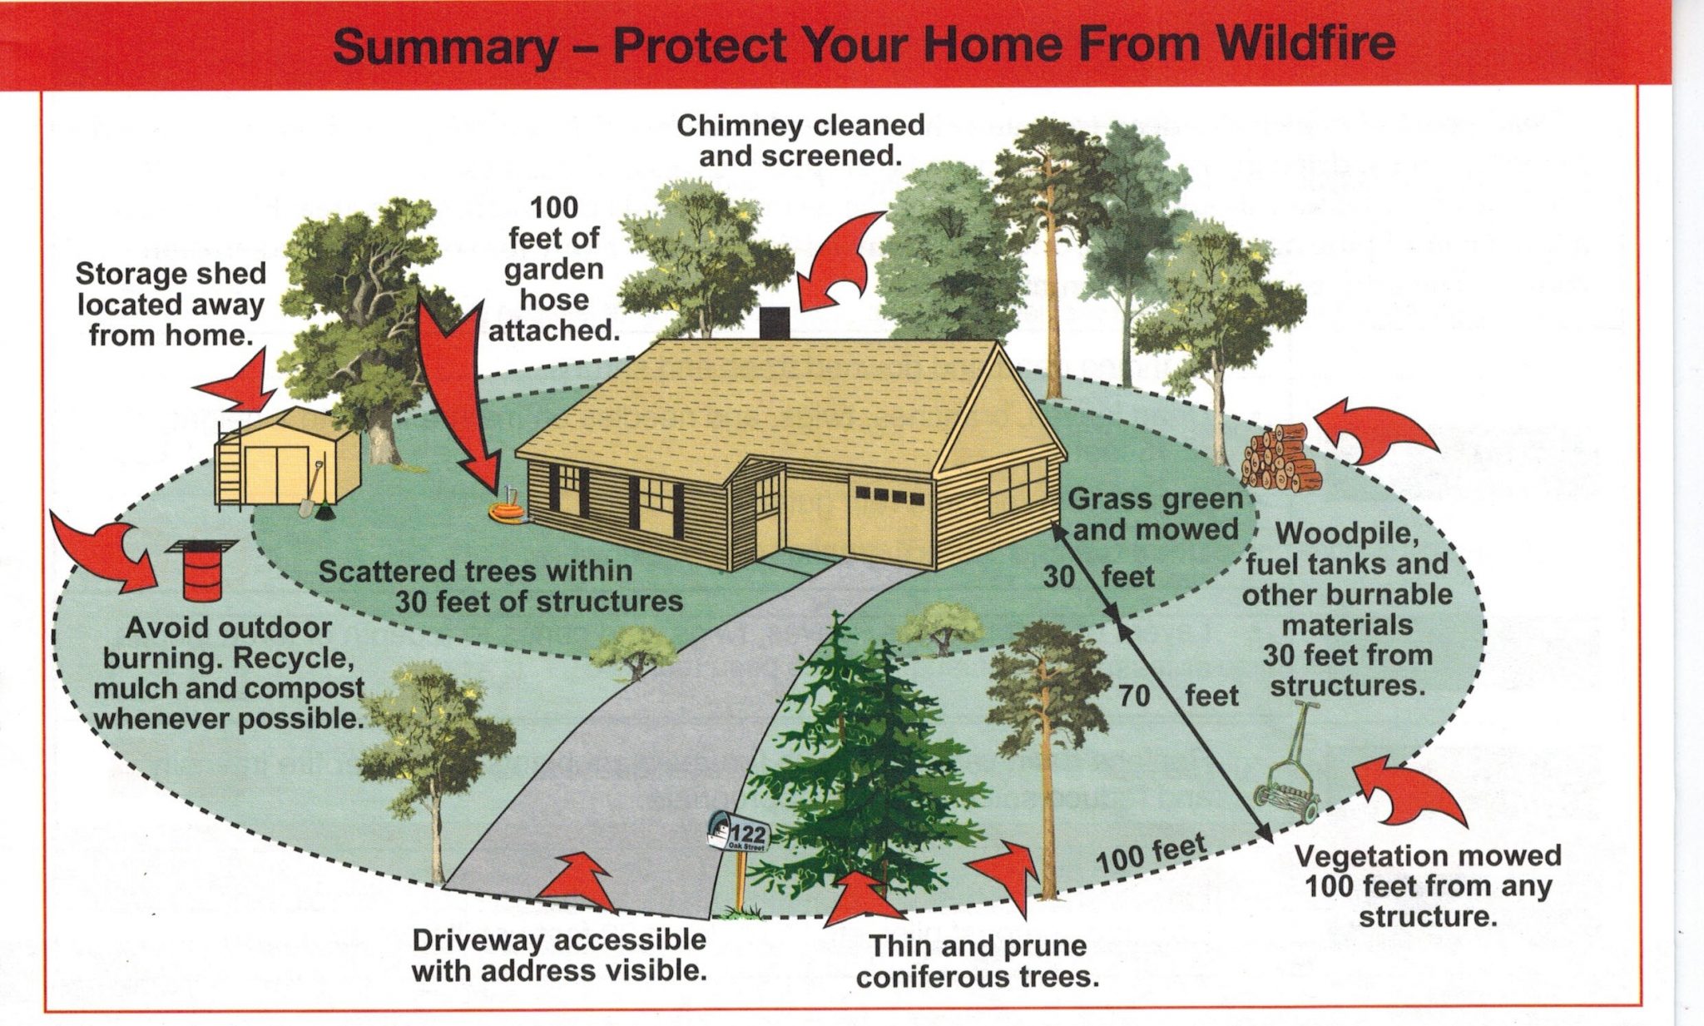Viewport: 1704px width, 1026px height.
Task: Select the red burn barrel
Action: click(x=201, y=571)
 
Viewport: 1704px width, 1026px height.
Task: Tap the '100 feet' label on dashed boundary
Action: click(x=1150, y=855)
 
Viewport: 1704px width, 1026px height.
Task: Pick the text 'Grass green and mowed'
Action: click(x=1155, y=514)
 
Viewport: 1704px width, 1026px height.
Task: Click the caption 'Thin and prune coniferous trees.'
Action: click(x=977, y=961)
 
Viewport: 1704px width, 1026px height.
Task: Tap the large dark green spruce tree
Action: click(x=865, y=766)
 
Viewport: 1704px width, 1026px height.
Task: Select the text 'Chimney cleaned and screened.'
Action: click(x=800, y=140)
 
